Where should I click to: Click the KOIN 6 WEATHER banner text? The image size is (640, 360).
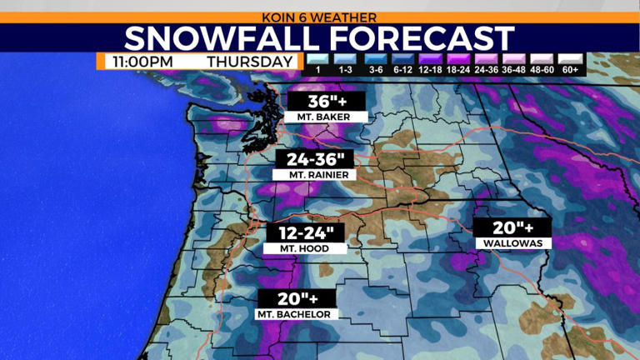320,17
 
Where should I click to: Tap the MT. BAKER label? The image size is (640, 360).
317,117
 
